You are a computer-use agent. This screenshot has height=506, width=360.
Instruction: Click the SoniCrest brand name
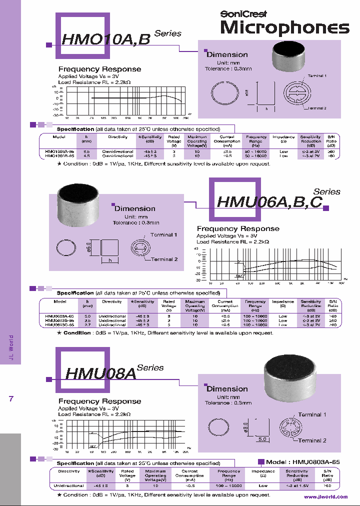[243, 14]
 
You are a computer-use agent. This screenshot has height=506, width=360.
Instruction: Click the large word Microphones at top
[284, 28]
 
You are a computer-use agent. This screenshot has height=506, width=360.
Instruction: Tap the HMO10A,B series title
[105, 38]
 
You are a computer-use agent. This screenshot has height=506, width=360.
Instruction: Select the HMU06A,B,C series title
[270, 201]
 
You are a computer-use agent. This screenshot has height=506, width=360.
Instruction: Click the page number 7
[11, 398]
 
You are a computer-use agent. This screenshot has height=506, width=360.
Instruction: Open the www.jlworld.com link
[325, 496]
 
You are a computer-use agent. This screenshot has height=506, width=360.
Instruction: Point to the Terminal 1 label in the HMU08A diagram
[312, 414]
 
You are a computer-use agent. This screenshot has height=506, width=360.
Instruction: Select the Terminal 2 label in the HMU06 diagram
[164, 259]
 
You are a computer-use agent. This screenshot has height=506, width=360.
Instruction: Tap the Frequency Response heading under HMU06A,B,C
[238, 228]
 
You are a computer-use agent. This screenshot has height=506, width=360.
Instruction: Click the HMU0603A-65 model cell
[59, 316]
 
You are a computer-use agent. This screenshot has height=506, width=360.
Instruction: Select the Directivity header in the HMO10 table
[117, 136]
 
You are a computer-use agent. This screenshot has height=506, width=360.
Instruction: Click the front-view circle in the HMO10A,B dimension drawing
[223, 93]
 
